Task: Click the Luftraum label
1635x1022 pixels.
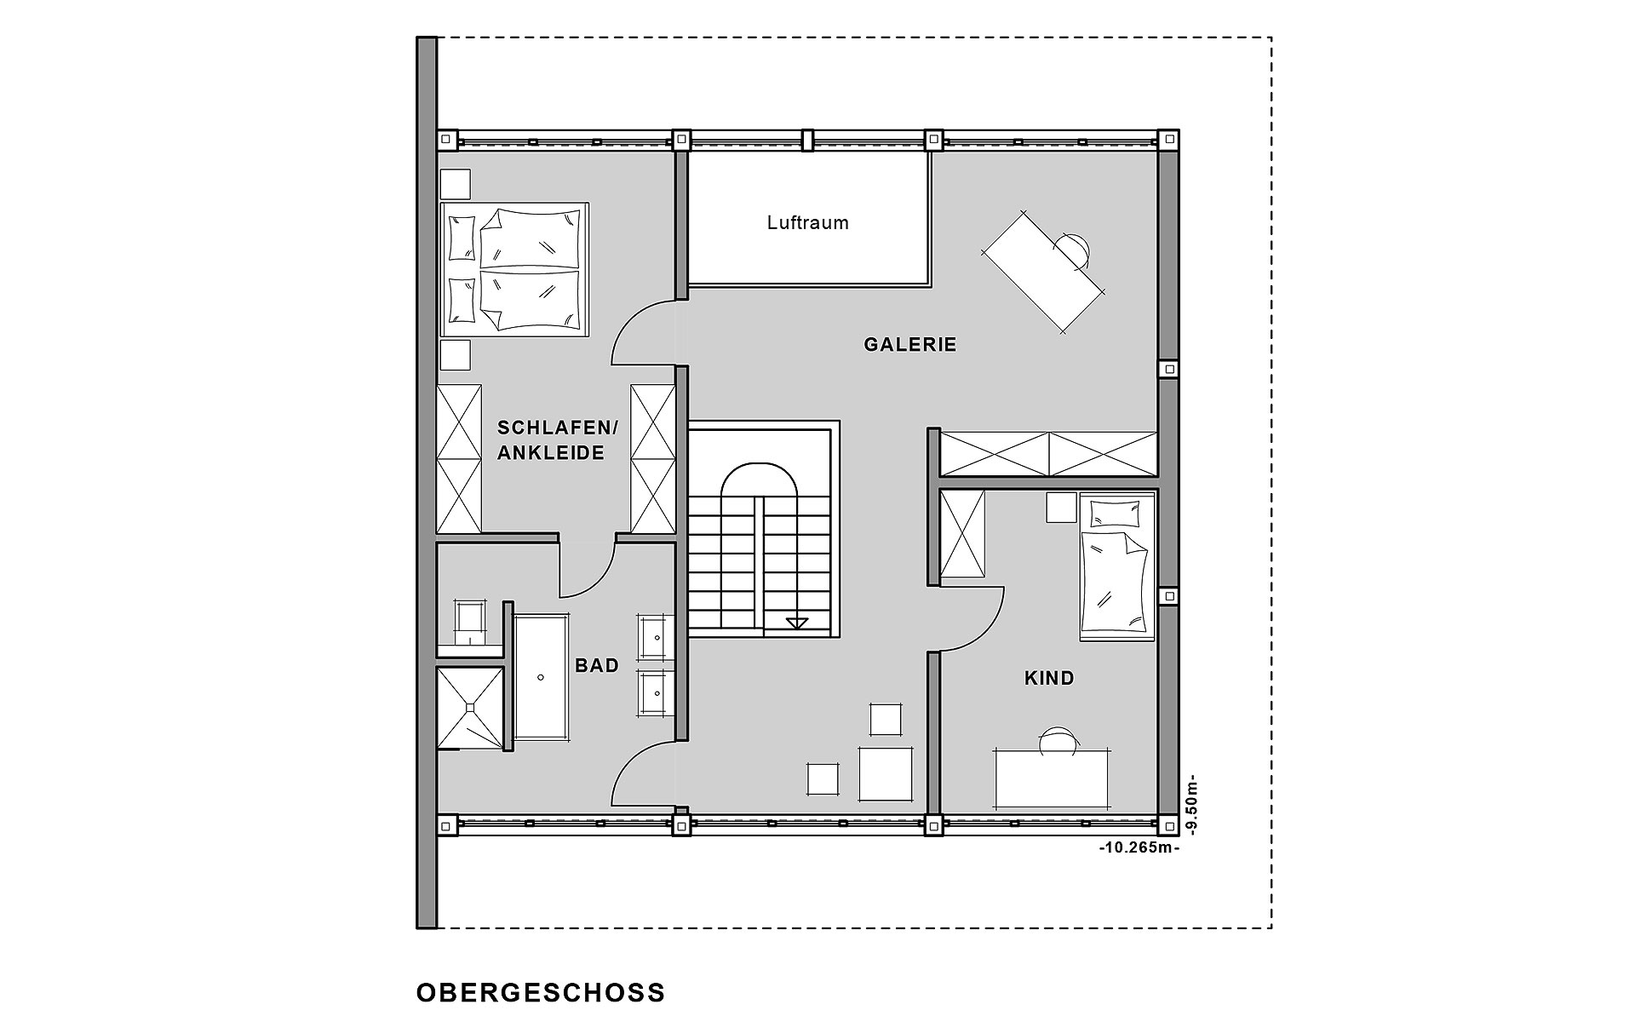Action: tap(807, 223)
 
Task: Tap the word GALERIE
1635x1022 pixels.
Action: tap(910, 345)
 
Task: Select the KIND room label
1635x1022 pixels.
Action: tap(1049, 679)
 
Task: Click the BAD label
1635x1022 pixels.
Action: tap(597, 666)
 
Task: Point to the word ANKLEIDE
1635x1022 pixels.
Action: tap(551, 453)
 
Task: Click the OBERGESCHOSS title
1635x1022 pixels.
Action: tap(541, 993)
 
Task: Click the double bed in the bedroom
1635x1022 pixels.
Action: tap(514, 270)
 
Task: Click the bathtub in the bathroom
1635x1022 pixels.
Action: tap(541, 678)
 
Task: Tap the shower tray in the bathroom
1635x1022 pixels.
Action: tap(469, 707)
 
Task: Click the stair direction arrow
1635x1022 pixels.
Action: tap(797, 623)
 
